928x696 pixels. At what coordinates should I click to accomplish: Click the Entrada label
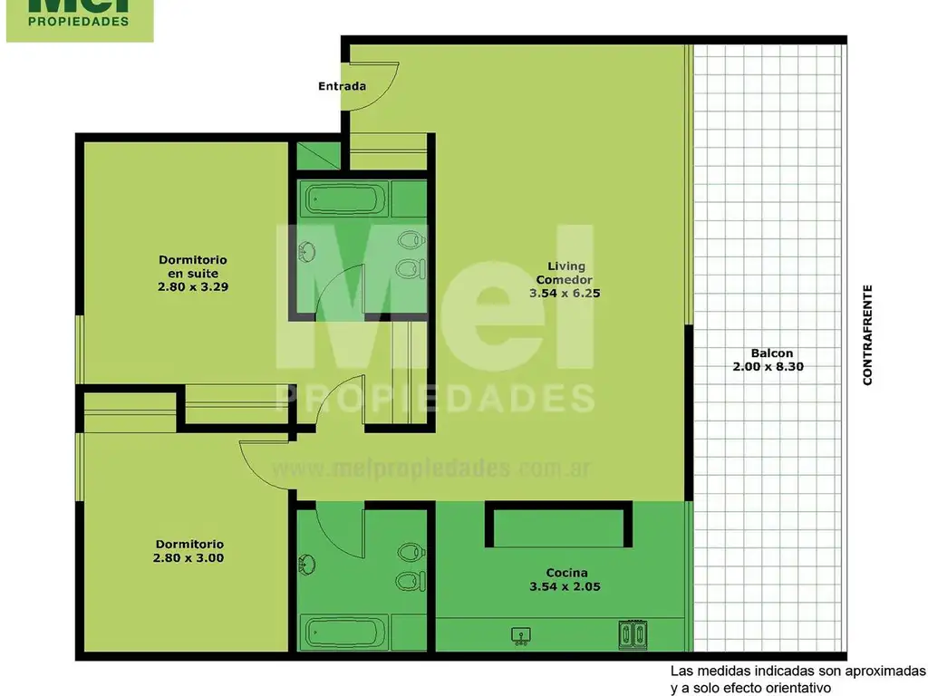342,87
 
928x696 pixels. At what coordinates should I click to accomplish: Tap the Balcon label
771,353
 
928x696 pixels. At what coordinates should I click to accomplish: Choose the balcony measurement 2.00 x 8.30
768,367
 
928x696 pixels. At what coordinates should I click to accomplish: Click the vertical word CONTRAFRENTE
867,335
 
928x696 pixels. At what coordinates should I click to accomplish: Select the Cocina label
566,573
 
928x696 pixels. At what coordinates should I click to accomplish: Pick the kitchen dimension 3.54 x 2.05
565,586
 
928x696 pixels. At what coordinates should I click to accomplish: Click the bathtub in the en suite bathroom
345,197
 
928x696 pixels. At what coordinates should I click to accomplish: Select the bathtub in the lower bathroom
345,632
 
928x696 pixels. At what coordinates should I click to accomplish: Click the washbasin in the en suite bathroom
304,250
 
